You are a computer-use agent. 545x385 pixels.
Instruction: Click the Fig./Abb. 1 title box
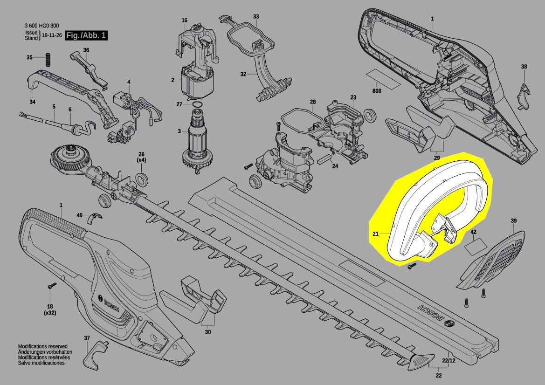[x=86, y=35]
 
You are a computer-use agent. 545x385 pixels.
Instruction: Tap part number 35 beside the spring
[x=29, y=57]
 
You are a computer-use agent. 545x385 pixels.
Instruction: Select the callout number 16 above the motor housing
[x=184, y=21]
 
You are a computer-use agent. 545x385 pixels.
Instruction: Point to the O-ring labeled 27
[x=197, y=104]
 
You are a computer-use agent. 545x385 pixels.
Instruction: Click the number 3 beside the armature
[x=179, y=131]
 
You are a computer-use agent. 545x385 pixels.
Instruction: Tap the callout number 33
[x=256, y=16]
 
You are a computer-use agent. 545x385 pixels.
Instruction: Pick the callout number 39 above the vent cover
[x=514, y=220]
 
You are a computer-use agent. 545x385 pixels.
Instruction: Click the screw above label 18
[x=52, y=286]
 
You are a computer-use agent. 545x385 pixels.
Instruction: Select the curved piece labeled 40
[x=95, y=217]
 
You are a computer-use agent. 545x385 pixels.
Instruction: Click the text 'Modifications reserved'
[x=43, y=346]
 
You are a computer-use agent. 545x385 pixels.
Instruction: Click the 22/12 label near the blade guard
[x=448, y=360]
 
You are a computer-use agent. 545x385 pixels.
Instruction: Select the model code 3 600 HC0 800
[x=41, y=26]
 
